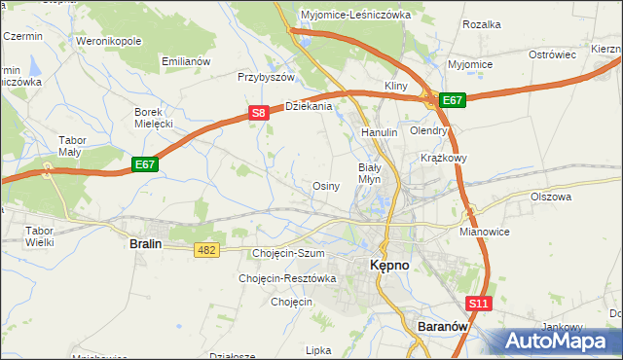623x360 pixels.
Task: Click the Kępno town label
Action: pos(394,265)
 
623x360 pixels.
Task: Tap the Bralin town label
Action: pos(145,245)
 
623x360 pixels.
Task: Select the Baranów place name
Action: pos(444,327)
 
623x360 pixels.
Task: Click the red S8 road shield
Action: pos(258,113)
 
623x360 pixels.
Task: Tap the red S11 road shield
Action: pos(478,304)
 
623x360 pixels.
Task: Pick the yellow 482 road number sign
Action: pos(206,250)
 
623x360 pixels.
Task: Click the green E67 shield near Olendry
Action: pos(453,99)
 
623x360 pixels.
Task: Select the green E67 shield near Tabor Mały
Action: pos(145,164)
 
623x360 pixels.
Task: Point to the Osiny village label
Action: pos(325,186)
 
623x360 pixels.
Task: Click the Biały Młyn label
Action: pos(370,173)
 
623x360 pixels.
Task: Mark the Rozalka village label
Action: pos(482,23)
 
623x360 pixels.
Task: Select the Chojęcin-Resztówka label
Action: pos(287,278)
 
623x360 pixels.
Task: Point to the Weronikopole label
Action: pos(108,42)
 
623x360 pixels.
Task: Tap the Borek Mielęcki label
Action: pos(153,118)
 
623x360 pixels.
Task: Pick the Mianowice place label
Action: pos(485,234)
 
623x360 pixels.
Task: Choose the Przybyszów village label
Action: pos(266,76)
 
